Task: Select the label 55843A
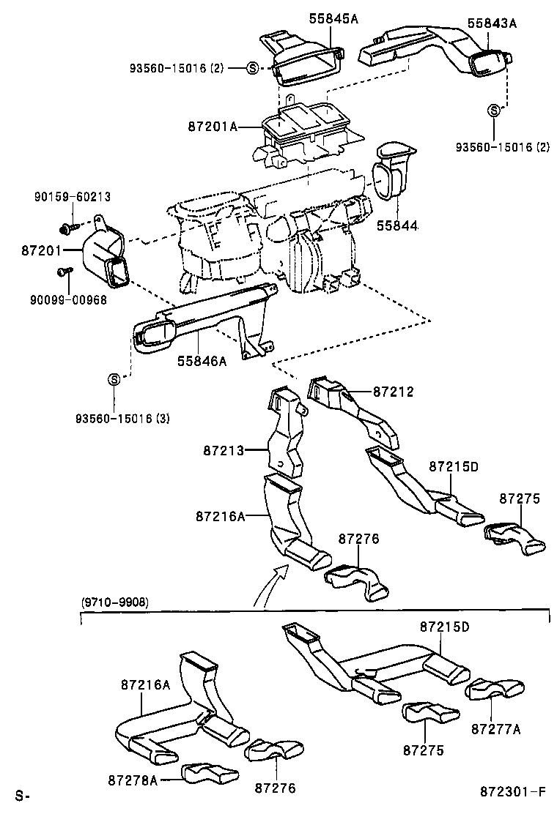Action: point(493,23)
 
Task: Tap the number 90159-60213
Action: point(73,196)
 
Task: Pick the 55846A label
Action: point(202,361)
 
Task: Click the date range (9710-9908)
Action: point(113,602)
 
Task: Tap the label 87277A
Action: point(496,729)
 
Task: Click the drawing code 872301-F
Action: point(514,792)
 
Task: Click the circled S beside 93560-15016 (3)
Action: point(114,379)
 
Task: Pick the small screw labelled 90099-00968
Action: point(64,272)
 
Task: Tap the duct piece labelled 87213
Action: point(287,432)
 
